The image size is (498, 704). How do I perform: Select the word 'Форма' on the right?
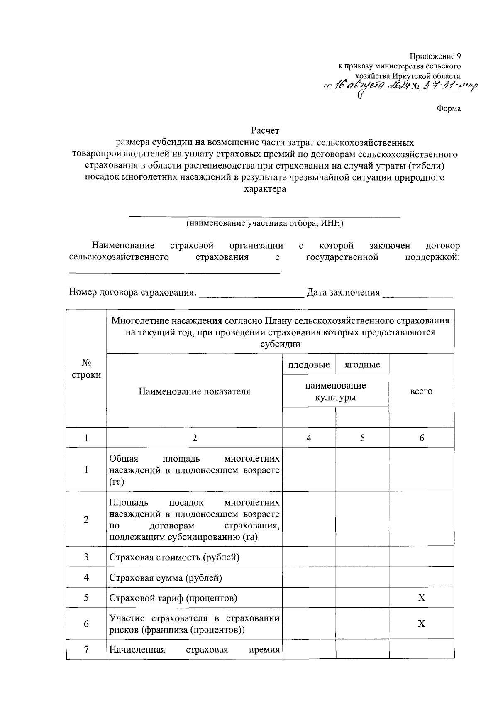tap(449, 109)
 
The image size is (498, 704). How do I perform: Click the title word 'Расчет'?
tap(265, 131)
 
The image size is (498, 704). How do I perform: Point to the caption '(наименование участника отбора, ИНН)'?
tap(265, 223)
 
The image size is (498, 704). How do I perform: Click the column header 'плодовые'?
tap(309, 364)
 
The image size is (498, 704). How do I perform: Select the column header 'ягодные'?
tap(362, 364)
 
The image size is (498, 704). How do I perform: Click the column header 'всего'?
tap(421, 391)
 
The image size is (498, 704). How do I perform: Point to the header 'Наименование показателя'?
tap(194, 391)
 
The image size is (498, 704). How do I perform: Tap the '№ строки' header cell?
tap(86, 369)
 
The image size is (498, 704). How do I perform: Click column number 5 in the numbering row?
tap(362, 438)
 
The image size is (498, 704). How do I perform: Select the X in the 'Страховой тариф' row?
tap(421, 598)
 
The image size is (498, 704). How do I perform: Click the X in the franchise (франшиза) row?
tap(421, 623)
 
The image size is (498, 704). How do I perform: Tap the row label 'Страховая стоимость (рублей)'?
tap(174, 557)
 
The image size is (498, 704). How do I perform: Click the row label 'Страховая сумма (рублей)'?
tap(166, 577)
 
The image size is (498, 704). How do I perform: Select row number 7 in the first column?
tap(86, 649)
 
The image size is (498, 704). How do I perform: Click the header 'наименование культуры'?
tap(335, 391)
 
